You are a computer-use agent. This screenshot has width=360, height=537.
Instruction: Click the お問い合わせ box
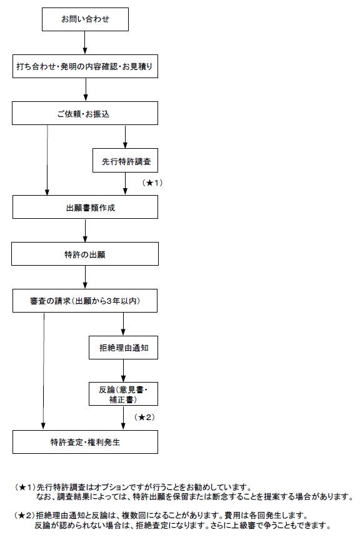point(85,19)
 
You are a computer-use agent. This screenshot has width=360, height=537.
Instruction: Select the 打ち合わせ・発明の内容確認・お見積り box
point(85,66)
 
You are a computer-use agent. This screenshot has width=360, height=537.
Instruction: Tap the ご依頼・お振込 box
point(85,113)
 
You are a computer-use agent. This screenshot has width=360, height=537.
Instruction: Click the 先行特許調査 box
point(126,160)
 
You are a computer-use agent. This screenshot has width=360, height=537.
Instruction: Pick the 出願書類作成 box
point(85,207)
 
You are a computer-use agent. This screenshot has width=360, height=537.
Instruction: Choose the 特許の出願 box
point(85,254)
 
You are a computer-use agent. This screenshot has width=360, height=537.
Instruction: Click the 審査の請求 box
point(85,301)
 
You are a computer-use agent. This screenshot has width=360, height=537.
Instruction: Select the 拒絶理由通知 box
point(123,348)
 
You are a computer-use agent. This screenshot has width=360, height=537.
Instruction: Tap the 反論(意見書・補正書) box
point(123,394)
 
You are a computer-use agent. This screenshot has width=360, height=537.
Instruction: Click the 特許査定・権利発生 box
point(85,442)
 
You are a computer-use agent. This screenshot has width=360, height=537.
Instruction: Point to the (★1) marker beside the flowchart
point(152,183)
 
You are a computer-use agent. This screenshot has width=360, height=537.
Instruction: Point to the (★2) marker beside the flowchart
point(144,417)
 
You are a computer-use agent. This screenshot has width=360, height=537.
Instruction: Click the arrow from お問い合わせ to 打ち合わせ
point(85,43)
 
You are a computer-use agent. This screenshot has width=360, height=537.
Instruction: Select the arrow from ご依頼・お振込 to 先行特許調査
point(126,137)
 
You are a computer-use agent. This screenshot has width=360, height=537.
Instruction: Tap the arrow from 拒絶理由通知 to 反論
point(123,371)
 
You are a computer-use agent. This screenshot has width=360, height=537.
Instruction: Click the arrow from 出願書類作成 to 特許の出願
point(85,231)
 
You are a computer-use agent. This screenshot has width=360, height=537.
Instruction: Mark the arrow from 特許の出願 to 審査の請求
point(85,278)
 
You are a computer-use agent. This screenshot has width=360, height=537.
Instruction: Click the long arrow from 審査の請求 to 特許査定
point(44,371)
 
